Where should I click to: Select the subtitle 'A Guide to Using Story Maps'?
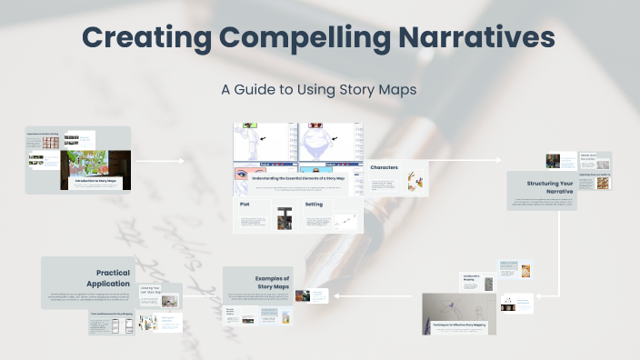coord(319,90)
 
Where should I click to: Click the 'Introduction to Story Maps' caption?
coord(96,182)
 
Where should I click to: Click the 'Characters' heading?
coord(385,168)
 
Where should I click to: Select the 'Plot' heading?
coord(245,205)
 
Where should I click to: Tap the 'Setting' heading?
coord(314,205)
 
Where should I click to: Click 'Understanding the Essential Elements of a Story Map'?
coord(297,179)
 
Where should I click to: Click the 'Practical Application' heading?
coord(113,278)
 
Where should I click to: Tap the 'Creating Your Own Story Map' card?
coord(172,294)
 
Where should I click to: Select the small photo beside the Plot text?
coord(284,219)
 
